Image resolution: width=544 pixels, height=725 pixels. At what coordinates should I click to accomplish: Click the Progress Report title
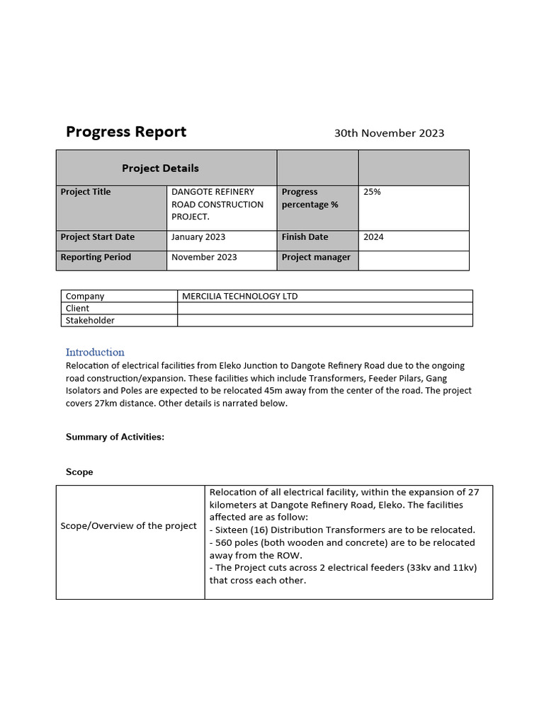(126, 132)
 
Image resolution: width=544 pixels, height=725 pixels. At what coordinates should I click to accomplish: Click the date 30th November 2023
(389, 133)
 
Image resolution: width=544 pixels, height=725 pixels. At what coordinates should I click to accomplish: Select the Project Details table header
(160, 168)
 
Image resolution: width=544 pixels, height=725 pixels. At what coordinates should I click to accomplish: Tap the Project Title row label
(86, 192)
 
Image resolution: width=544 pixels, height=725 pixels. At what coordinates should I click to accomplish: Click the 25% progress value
(372, 192)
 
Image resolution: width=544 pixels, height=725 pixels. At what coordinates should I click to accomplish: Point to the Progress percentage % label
(310, 198)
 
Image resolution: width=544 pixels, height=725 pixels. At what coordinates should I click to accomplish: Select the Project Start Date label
(97, 237)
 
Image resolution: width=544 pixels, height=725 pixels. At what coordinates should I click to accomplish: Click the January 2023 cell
(198, 237)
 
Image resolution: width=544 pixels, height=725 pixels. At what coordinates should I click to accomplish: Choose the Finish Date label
(305, 237)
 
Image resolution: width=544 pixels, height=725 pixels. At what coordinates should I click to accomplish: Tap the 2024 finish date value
(373, 237)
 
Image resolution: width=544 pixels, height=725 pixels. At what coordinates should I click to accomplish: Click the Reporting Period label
(96, 257)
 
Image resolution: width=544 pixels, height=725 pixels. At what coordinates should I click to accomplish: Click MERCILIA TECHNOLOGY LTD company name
(239, 296)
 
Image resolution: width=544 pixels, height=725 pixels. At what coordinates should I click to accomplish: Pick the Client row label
(77, 308)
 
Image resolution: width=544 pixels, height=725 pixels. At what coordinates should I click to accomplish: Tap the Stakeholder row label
(90, 320)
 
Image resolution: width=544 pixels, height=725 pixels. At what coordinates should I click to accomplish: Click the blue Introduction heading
(95, 352)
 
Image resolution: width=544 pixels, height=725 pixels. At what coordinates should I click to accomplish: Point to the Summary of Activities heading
(115, 437)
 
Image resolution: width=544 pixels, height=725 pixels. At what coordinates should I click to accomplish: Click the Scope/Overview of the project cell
(129, 525)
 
